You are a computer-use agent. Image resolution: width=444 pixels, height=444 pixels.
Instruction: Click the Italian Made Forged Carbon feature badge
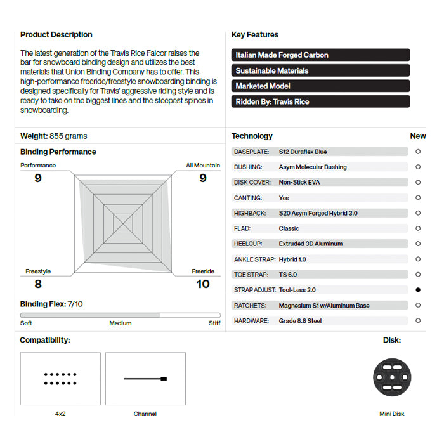pyautogui.click(x=320, y=55)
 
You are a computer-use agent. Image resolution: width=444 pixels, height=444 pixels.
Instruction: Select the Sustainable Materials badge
pyautogui.click(x=320, y=70)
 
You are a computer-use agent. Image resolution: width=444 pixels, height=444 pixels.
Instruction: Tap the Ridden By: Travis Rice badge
pyautogui.click(x=320, y=101)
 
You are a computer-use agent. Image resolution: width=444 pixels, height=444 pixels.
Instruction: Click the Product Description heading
pyautogui.click(x=56, y=35)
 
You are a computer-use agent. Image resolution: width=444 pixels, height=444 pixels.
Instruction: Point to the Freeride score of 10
pyautogui.click(x=203, y=284)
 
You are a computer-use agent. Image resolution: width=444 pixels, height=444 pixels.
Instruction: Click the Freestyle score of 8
pyautogui.click(x=38, y=284)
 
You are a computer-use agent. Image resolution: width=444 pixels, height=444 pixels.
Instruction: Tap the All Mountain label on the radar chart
pyautogui.click(x=203, y=166)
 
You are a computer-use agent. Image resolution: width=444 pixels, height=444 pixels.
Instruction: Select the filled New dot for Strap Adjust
pyautogui.click(x=418, y=290)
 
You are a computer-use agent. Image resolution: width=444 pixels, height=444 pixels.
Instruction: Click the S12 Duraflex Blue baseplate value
pyautogui.click(x=303, y=152)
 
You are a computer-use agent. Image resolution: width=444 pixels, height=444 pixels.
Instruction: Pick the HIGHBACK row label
pyautogui.click(x=250, y=213)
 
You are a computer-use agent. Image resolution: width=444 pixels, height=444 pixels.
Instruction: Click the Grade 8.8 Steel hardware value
pyautogui.click(x=300, y=321)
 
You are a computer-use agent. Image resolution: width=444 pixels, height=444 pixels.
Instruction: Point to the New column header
pyautogui.click(x=418, y=136)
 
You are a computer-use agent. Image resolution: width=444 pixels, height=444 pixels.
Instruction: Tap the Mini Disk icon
pyautogui.click(x=391, y=378)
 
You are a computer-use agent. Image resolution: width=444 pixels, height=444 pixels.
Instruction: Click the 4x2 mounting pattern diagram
pyautogui.click(x=60, y=379)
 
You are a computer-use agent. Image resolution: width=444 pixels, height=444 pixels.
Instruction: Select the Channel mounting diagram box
pyautogui.click(x=145, y=379)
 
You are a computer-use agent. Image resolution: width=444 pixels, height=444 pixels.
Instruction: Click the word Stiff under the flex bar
pyautogui.click(x=214, y=323)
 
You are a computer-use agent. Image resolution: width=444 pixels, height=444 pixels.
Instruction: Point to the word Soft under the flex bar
pyautogui.click(x=26, y=323)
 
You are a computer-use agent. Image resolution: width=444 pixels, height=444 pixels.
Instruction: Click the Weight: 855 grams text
pyautogui.click(x=54, y=136)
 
